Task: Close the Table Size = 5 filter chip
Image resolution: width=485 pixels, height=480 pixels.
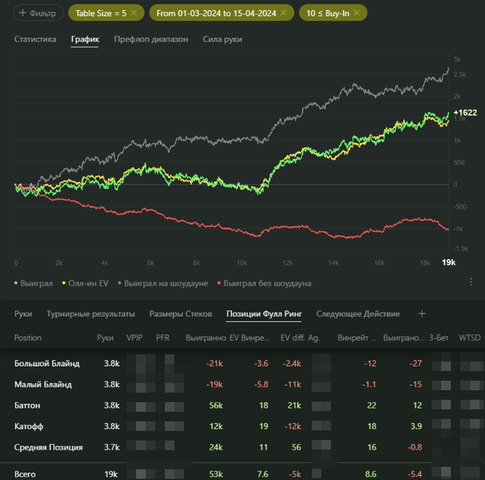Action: pyautogui.click(x=134, y=13)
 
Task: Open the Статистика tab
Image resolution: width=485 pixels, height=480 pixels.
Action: pyautogui.click(x=35, y=39)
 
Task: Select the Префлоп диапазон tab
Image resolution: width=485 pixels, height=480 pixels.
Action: pyautogui.click(x=150, y=39)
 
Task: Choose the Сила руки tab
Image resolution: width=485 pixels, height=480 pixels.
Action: pyautogui.click(x=222, y=39)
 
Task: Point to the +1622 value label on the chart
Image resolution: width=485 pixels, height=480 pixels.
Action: pyautogui.click(x=465, y=112)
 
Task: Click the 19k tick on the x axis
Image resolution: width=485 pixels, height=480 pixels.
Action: pyautogui.click(x=448, y=262)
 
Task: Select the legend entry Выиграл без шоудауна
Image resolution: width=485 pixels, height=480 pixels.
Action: pyautogui.click(x=267, y=283)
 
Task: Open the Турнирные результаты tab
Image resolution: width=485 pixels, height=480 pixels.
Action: pyautogui.click(x=90, y=314)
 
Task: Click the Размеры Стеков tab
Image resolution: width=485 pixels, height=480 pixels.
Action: pyautogui.click(x=180, y=314)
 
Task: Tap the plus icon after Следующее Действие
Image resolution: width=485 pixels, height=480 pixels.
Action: pyautogui.click(x=422, y=314)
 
